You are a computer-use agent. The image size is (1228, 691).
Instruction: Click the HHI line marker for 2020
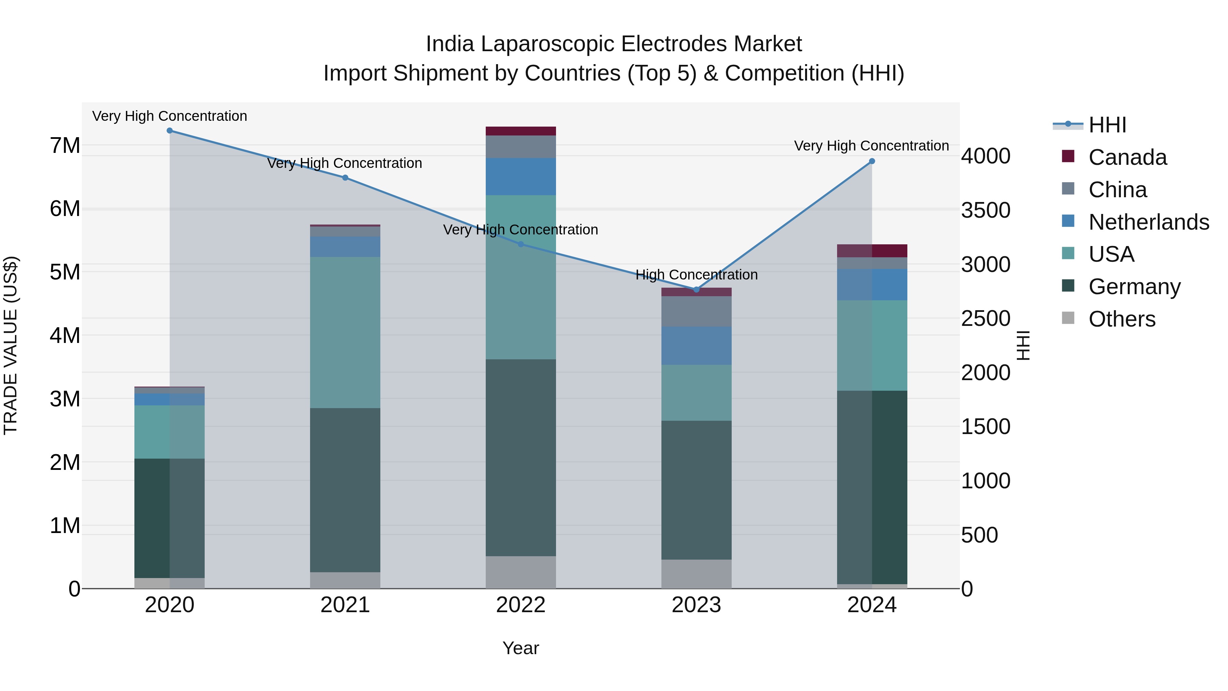170,131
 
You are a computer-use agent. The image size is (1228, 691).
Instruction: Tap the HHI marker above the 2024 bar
872,161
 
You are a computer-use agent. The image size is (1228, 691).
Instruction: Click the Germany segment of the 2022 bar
521,458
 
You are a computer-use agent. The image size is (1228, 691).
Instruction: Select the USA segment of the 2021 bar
345,332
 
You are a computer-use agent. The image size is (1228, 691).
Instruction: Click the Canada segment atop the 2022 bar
521,131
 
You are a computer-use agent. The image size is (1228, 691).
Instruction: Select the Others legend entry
1122,319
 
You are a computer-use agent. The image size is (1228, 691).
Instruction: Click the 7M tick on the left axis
65,145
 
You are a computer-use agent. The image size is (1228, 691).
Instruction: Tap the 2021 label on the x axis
345,605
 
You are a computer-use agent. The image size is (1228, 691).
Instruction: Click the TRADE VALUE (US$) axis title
11,345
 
